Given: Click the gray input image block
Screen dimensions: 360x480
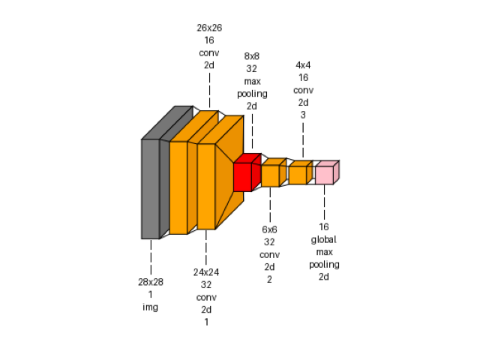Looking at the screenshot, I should [x=150, y=188].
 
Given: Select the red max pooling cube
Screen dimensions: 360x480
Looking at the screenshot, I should [x=242, y=177].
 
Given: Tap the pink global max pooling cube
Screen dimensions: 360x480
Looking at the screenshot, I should [x=324, y=175].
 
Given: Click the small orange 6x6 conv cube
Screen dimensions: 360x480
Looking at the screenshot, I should [x=270, y=175].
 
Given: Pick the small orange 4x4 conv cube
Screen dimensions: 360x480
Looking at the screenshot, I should [x=297, y=175].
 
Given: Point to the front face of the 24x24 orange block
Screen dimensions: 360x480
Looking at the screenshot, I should [x=206, y=186].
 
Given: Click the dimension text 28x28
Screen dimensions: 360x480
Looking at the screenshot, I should [x=150, y=282].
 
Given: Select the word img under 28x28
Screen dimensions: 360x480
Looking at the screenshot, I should [x=150, y=307].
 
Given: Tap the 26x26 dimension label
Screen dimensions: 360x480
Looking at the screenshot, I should [x=209, y=28].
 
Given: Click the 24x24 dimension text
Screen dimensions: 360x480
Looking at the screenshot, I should [x=206, y=272].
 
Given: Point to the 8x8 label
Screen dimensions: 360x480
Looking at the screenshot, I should [x=252, y=56].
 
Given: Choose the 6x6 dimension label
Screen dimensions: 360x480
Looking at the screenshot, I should [x=269, y=229].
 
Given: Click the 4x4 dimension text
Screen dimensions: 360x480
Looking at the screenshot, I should [x=303, y=65].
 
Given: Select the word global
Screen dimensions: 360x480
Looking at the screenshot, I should [x=324, y=239].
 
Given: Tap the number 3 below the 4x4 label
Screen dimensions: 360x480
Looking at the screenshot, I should [x=303, y=115].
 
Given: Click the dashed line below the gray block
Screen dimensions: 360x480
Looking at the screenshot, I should [x=151, y=256].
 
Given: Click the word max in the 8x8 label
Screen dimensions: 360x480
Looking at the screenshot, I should [x=252, y=81].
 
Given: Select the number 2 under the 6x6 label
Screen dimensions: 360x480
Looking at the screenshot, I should [x=269, y=280].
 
